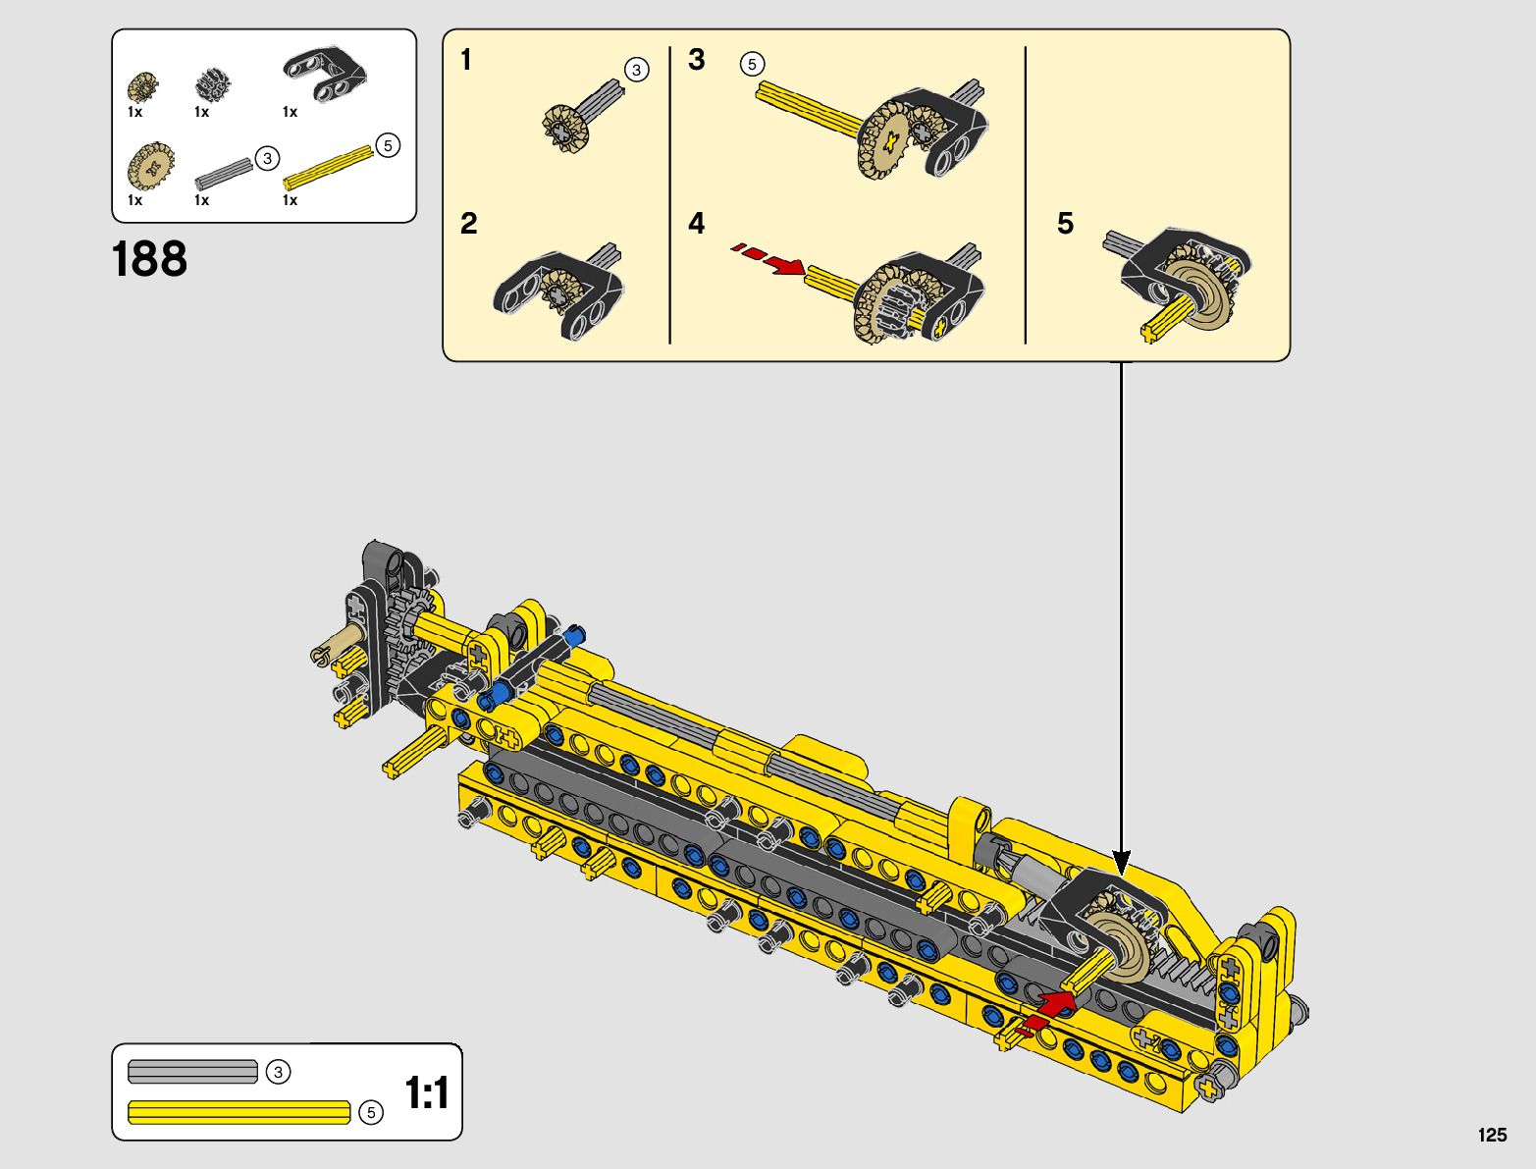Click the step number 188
[149, 259]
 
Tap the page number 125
[1492, 1135]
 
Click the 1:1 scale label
[426, 1092]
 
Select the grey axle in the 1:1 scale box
[192, 1072]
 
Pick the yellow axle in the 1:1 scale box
[238, 1112]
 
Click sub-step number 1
[466, 60]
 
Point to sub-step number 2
[469, 223]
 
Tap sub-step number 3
[696, 60]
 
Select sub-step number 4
[696, 223]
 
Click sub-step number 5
[1065, 223]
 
